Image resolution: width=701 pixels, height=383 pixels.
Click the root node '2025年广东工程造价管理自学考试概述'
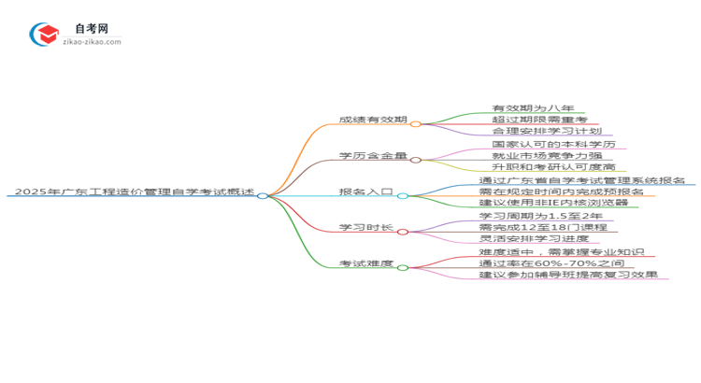tap(132, 192)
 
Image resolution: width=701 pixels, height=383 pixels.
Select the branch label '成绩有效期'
tap(373, 120)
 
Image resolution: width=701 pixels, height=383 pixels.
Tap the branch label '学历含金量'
tap(373, 156)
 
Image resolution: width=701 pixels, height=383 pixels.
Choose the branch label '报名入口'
tap(365, 192)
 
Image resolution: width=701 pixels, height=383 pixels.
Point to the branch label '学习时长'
tap(365, 229)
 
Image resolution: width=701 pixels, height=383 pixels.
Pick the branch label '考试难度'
tap(365, 264)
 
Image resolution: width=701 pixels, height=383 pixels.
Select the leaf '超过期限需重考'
tap(539, 120)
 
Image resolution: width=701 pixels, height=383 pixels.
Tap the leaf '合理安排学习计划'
tap(546, 132)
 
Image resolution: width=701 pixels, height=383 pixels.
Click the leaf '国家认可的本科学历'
tap(553, 145)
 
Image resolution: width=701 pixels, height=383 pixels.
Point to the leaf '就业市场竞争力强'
tap(547, 157)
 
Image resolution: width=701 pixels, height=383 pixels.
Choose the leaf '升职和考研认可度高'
tap(553, 168)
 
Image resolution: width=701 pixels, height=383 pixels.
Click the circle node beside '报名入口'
tap(403, 195)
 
